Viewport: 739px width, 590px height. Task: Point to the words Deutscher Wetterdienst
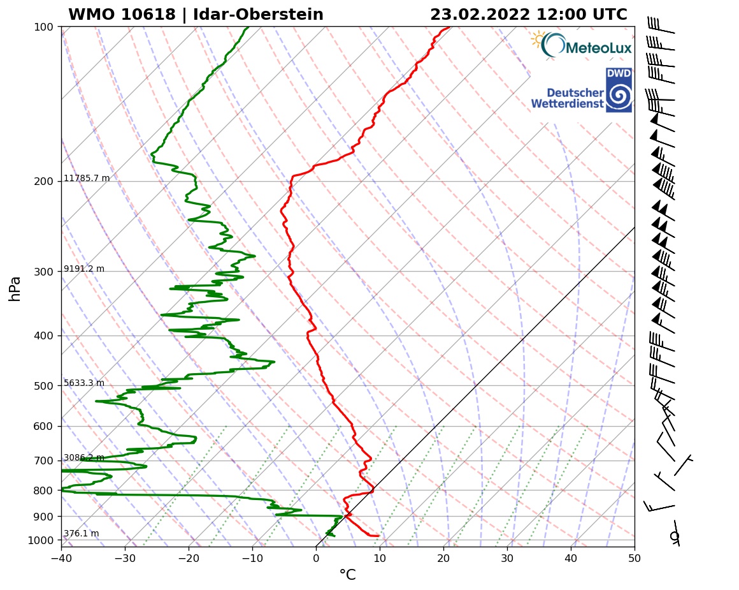(566, 98)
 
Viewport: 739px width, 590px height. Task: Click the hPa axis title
(15, 288)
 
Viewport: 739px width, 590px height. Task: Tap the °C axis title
(347, 575)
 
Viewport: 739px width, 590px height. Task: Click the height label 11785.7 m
(87, 179)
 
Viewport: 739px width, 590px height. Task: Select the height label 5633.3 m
(84, 383)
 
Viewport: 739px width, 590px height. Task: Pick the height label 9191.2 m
(84, 269)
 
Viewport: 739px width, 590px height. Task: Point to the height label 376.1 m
(81, 534)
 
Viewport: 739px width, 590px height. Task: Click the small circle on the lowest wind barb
(675, 536)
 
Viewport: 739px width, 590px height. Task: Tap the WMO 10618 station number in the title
(122, 15)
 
